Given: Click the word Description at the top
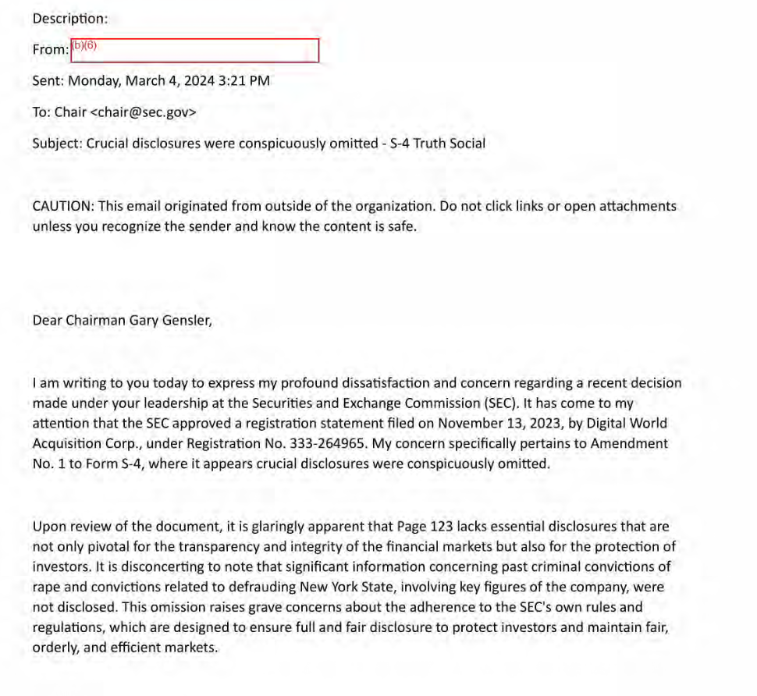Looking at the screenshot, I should [69, 18].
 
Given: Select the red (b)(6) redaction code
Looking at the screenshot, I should [84, 44].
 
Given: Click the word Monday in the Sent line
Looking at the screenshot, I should [91, 80].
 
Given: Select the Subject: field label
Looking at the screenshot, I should [57, 144].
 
